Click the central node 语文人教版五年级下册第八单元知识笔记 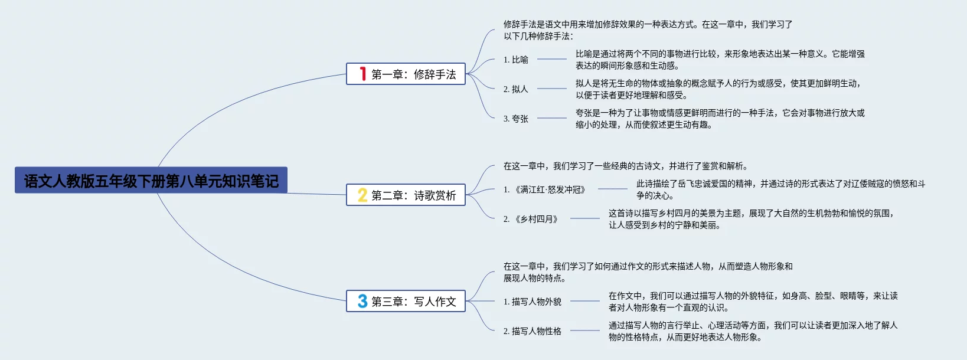[151, 181]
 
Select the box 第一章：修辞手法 [406, 74]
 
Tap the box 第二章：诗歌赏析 [406, 195]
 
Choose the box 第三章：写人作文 [406, 302]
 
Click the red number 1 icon [362, 74]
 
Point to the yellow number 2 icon [362, 195]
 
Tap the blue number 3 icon [362, 302]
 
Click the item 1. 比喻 [515, 60]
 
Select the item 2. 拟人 [515, 89]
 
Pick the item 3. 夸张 [515, 119]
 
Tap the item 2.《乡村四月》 [530, 219]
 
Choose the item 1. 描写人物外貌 [532, 302]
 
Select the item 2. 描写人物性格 [532, 331]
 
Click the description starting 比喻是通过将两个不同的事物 [720, 60]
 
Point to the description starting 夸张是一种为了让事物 [720, 119]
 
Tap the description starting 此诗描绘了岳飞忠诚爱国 [780, 189]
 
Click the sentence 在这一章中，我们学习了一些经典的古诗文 [625, 166]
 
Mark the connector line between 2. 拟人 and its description [552, 89]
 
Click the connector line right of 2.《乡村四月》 [585, 218]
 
